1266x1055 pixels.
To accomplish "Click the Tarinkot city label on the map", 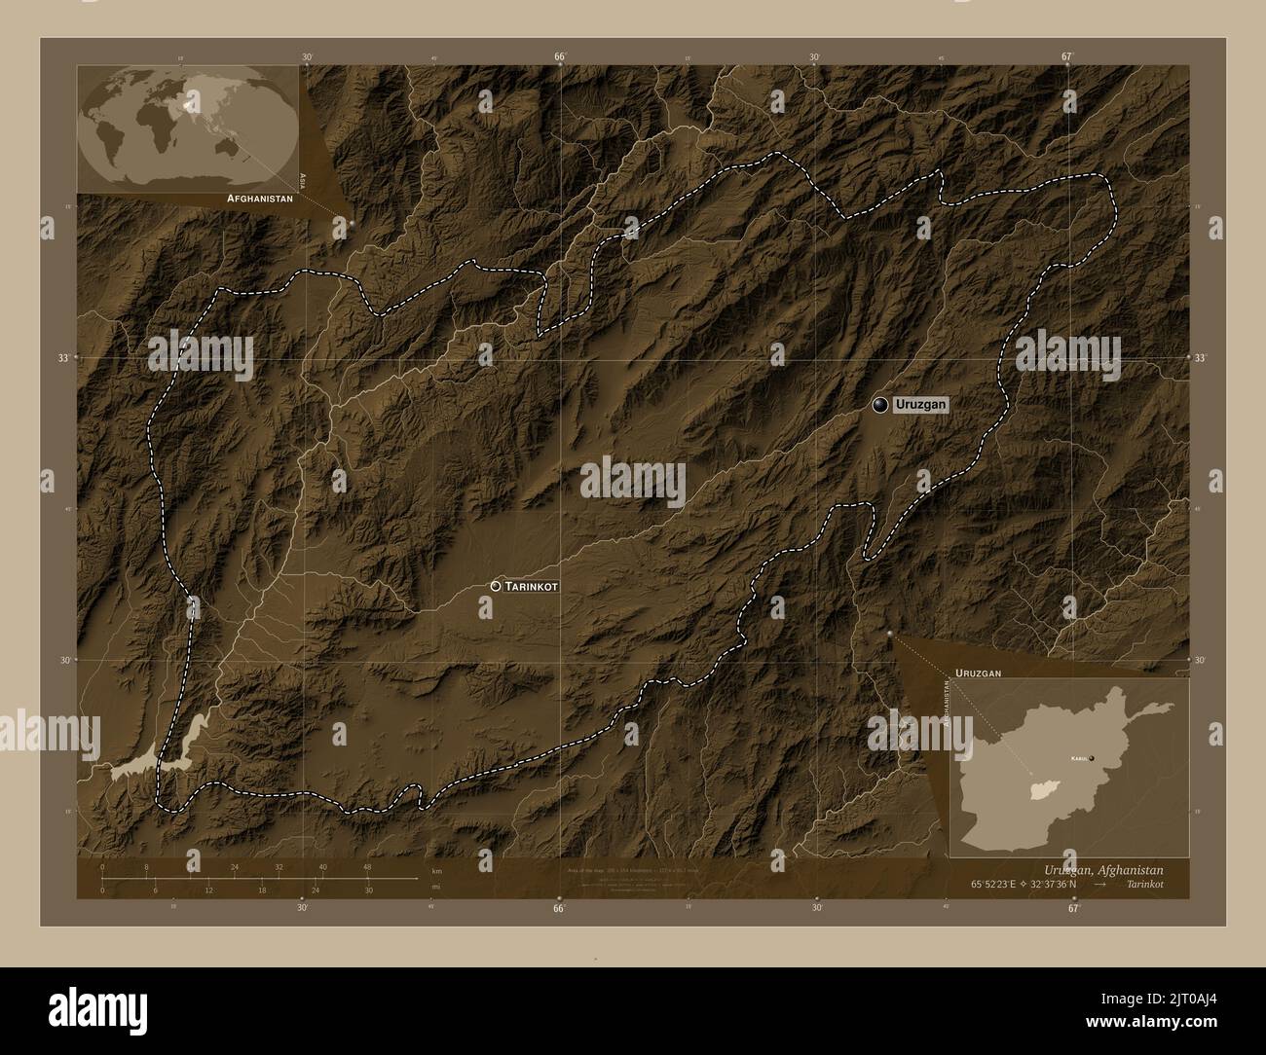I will point(532,587).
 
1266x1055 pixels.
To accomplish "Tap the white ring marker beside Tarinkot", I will point(497,587).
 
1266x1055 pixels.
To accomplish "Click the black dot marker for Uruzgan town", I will point(880,405).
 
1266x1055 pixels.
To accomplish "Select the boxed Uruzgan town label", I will point(921,405).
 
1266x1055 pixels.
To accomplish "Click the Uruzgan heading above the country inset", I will point(978,673).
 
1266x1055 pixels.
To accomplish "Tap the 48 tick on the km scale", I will point(366,867).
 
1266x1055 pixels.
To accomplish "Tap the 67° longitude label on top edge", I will point(1066,56).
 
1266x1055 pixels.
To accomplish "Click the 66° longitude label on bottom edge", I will point(559,908).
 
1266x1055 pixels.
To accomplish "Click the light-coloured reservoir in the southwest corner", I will point(161,756).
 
